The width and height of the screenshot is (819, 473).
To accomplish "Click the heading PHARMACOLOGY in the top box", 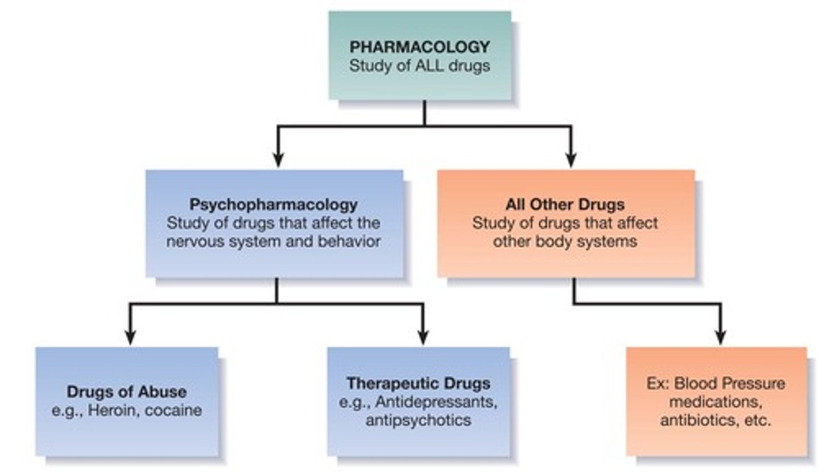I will point(419,47).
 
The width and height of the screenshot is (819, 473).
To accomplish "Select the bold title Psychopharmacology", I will point(274,204).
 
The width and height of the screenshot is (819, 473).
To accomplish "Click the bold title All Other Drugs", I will point(565,204).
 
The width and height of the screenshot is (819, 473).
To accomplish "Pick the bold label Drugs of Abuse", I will point(126,392).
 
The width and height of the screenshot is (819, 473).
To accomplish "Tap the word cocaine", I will point(173,410).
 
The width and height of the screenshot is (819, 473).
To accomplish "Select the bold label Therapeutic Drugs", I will point(418,383).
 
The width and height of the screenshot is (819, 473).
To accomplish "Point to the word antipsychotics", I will point(418,420).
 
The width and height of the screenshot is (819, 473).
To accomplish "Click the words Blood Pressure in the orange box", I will point(729,383).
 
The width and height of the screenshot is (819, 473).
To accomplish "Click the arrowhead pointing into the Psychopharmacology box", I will point(278,160).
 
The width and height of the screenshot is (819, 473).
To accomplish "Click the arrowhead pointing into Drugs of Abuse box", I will point(130,338).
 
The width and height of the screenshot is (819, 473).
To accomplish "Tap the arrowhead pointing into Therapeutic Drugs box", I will point(423,338).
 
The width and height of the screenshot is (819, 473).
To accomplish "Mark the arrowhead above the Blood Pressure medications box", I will point(721,338).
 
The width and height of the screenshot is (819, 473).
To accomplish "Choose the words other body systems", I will point(565,241).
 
